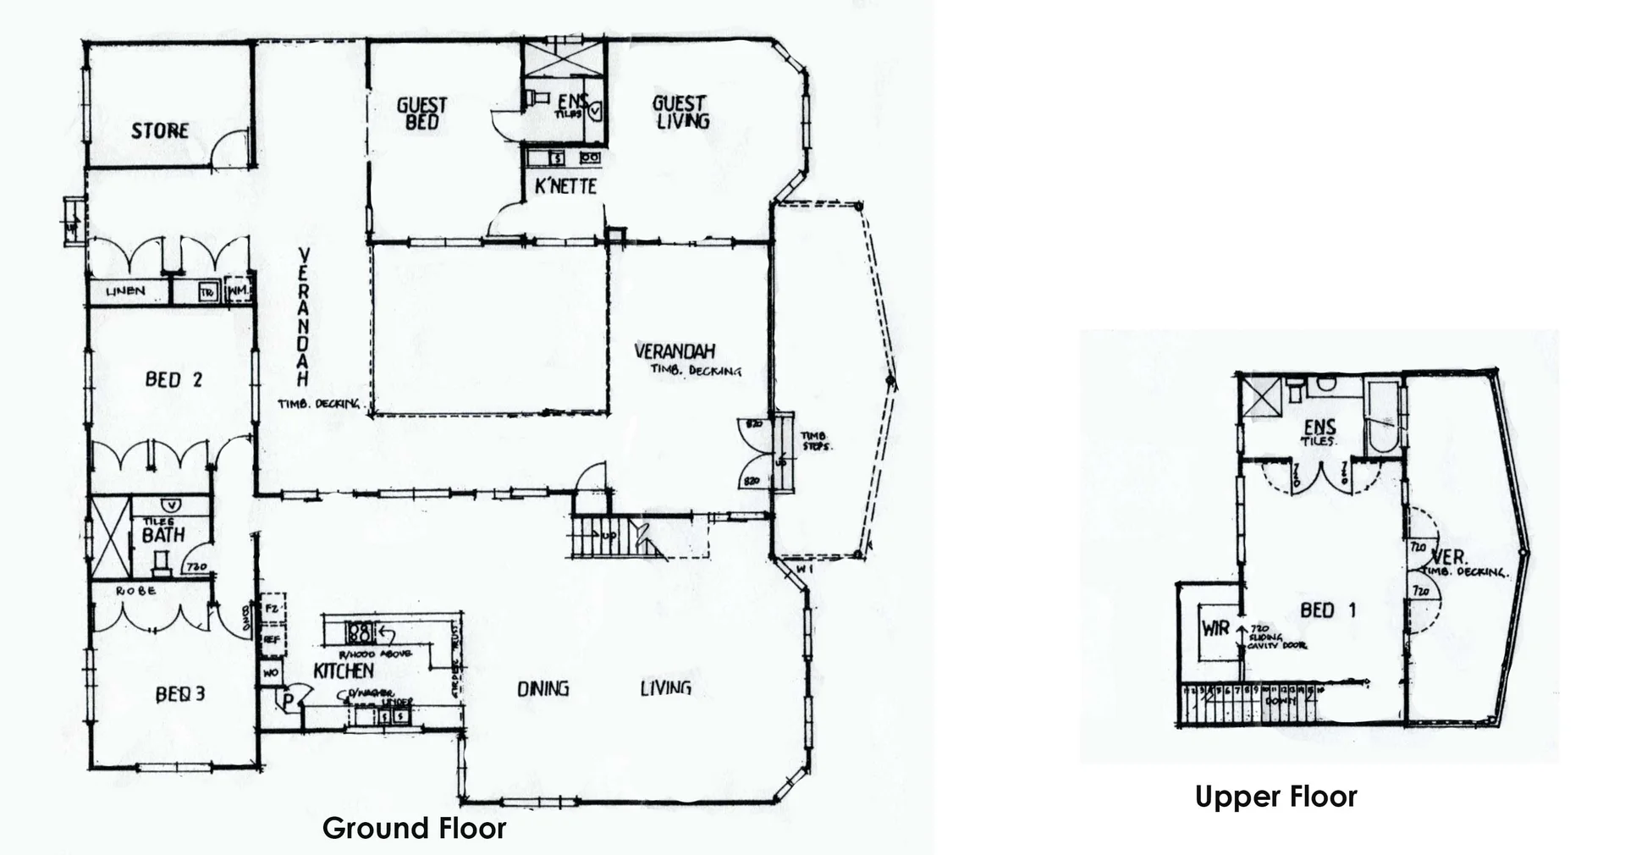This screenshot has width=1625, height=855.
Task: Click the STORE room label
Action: (160, 131)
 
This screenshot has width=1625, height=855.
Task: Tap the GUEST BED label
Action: (421, 113)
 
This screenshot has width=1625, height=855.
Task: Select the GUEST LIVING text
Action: (680, 112)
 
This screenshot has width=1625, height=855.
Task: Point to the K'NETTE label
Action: (565, 187)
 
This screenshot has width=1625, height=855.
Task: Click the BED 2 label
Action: (174, 379)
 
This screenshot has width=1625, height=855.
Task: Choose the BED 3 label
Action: (180, 695)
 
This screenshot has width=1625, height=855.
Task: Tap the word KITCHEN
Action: (344, 670)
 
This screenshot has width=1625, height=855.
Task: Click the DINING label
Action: (543, 688)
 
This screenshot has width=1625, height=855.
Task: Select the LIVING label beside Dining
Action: (665, 687)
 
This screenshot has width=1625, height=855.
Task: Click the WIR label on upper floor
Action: (1215, 629)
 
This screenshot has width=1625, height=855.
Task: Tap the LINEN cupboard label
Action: (125, 291)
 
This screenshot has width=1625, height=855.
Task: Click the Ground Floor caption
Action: (414, 828)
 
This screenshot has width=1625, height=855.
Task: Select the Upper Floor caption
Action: (1275, 797)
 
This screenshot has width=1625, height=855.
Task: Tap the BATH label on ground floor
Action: (162, 536)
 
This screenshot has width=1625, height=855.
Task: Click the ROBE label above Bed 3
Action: (135, 590)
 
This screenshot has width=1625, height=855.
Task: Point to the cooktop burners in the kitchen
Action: (360, 632)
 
